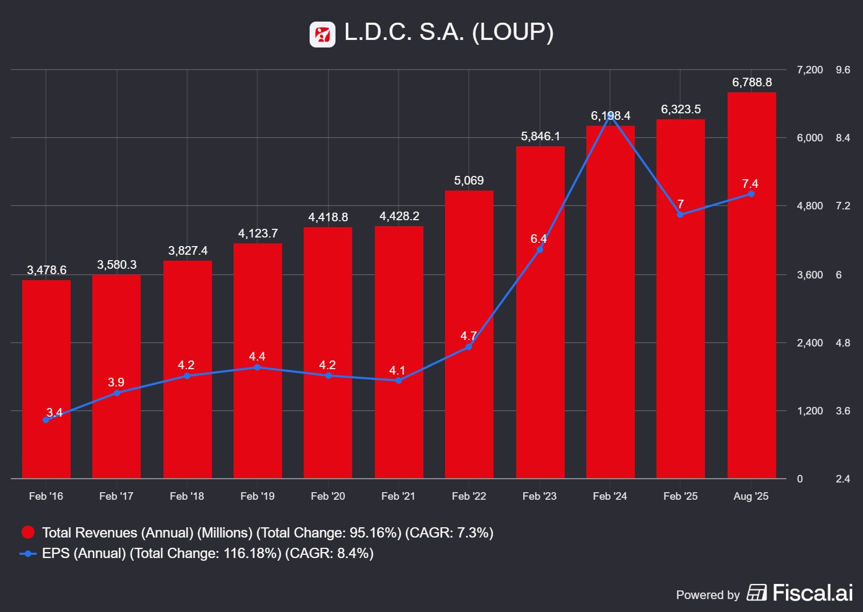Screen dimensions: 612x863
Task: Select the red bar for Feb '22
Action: point(469,334)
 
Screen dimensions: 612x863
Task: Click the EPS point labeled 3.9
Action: point(117,392)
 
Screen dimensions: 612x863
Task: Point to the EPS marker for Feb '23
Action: point(539,250)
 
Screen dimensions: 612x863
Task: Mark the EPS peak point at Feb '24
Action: point(610,115)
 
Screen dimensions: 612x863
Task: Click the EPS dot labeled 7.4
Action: point(751,194)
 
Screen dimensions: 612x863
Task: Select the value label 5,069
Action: point(469,180)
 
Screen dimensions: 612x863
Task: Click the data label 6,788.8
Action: point(751,82)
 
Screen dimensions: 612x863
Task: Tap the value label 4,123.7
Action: point(258,233)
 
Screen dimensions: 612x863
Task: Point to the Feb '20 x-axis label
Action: point(328,496)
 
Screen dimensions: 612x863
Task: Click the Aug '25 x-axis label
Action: point(751,496)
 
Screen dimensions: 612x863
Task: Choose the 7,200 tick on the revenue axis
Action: point(810,70)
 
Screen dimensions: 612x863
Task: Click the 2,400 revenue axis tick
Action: point(810,343)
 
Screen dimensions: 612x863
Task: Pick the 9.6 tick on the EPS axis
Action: point(843,70)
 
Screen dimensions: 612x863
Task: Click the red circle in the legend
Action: point(28,533)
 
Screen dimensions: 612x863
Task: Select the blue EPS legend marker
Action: point(28,553)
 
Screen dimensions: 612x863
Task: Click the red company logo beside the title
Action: point(323,35)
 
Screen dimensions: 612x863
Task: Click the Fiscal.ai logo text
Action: point(812,593)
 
